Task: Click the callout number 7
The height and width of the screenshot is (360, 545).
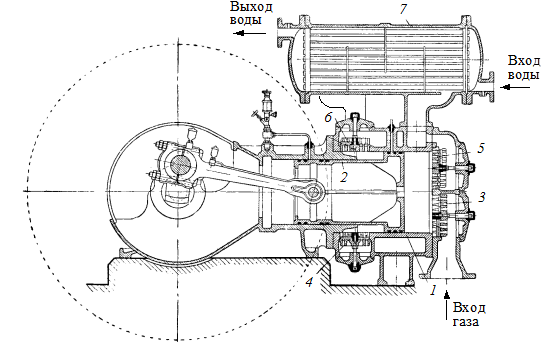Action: tap(403, 9)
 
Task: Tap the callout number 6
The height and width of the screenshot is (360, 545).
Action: tap(328, 117)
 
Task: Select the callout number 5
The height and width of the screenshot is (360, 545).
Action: tap(481, 148)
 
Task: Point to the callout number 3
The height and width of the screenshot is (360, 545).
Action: tap(481, 198)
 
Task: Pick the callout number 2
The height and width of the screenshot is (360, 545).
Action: tap(344, 177)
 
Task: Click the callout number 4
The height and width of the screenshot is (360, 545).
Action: tap(309, 282)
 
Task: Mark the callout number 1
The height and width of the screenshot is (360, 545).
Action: tap(433, 290)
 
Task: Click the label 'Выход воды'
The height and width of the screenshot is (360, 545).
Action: tap(251, 13)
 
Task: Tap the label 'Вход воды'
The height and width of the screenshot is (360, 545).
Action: tap(524, 67)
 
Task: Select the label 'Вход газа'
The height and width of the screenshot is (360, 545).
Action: tap(469, 314)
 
